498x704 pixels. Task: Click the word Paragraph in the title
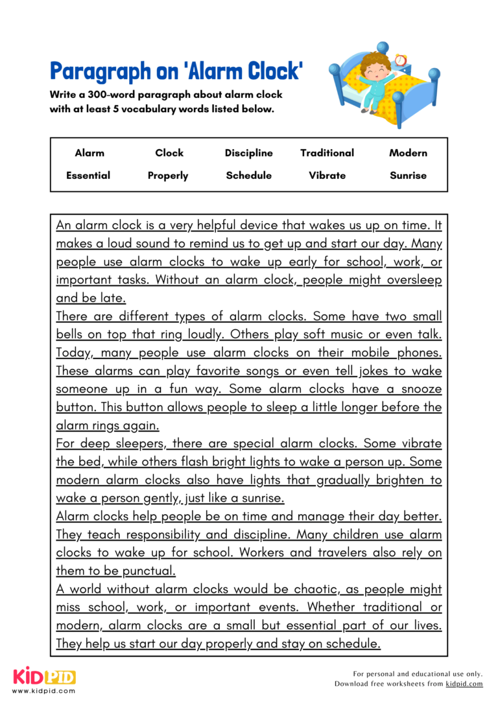(95, 71)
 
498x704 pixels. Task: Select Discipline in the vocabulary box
(248, 153)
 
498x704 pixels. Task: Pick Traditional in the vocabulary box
(327, 153)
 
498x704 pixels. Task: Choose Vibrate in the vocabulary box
(327, 175)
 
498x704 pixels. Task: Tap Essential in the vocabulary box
(88, 175)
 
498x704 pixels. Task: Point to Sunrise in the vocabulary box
(408, 175)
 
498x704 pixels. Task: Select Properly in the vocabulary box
(168, 176)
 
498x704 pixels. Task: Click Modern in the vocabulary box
(408, 153)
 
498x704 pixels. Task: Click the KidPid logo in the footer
(44, 677)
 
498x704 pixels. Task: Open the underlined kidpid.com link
(464, 684)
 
